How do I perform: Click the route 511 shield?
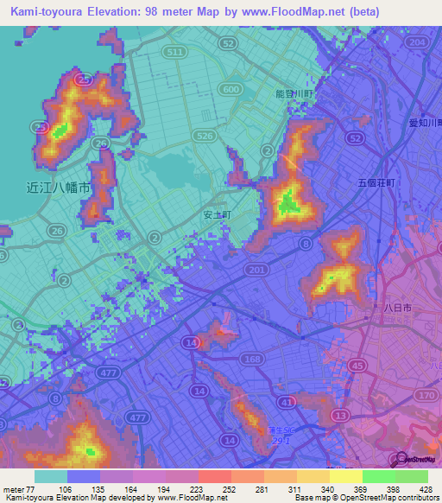(177, 53)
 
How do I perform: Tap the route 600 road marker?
(230, 89)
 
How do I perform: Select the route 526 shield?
(204, 135)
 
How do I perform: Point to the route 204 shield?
(419, 42)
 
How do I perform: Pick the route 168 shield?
(252, 357)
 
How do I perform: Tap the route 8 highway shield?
(305, 245)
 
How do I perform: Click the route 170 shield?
(427, 394)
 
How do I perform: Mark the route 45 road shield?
(357, 366)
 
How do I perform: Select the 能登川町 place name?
(296, 92)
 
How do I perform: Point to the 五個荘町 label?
(376, 183)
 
